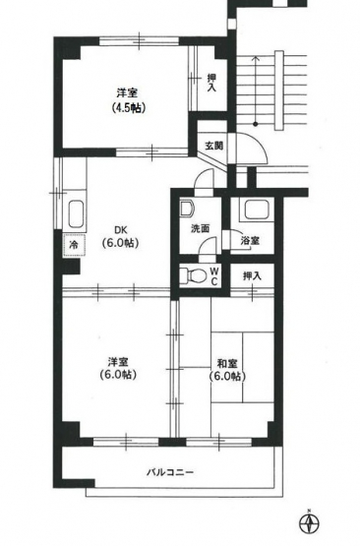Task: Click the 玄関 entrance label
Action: click(x=213, y=146)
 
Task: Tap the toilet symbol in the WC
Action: click(x=192, y=275)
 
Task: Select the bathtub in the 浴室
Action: click(x=257, y=210)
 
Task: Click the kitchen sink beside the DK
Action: click(x=77, y=214)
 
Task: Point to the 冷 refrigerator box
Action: click(x=74, y=245)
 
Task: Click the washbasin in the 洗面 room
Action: click(x=187, y=208)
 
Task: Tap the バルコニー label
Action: click(x=169, y=472)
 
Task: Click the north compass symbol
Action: click(x=309, y=523)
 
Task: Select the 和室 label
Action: click(x=226, y=364)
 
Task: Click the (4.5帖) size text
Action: click(x=128, y=108)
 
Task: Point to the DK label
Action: click(x=121, y=230)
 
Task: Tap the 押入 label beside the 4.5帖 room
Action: click(x=211, y=83)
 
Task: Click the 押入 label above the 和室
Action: click(x=252, y=276)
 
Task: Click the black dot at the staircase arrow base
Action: click(x=256, y=124)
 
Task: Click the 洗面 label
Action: click(x=200, y=228)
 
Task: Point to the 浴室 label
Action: click(x=250, y=241)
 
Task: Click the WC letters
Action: click(x=214, y=275)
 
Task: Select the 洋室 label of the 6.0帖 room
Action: click(x=117, y=362)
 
